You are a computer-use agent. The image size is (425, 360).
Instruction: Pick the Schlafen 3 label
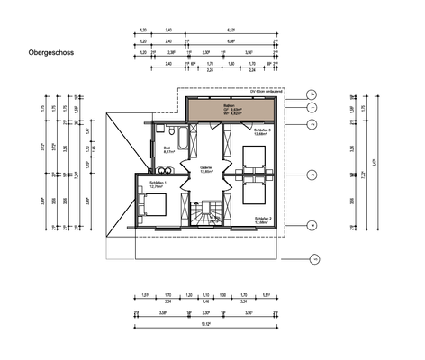pos(262,130)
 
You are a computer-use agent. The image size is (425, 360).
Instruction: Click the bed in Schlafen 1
pos(154,205)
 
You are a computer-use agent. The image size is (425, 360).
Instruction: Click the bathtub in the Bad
pos(183,139)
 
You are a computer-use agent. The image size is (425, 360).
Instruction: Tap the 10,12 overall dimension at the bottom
pos(206,322)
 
